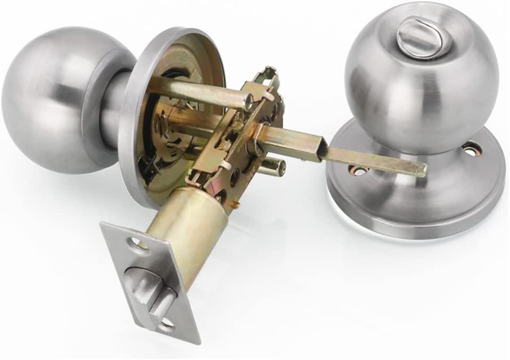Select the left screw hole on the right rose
coord(358,170)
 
